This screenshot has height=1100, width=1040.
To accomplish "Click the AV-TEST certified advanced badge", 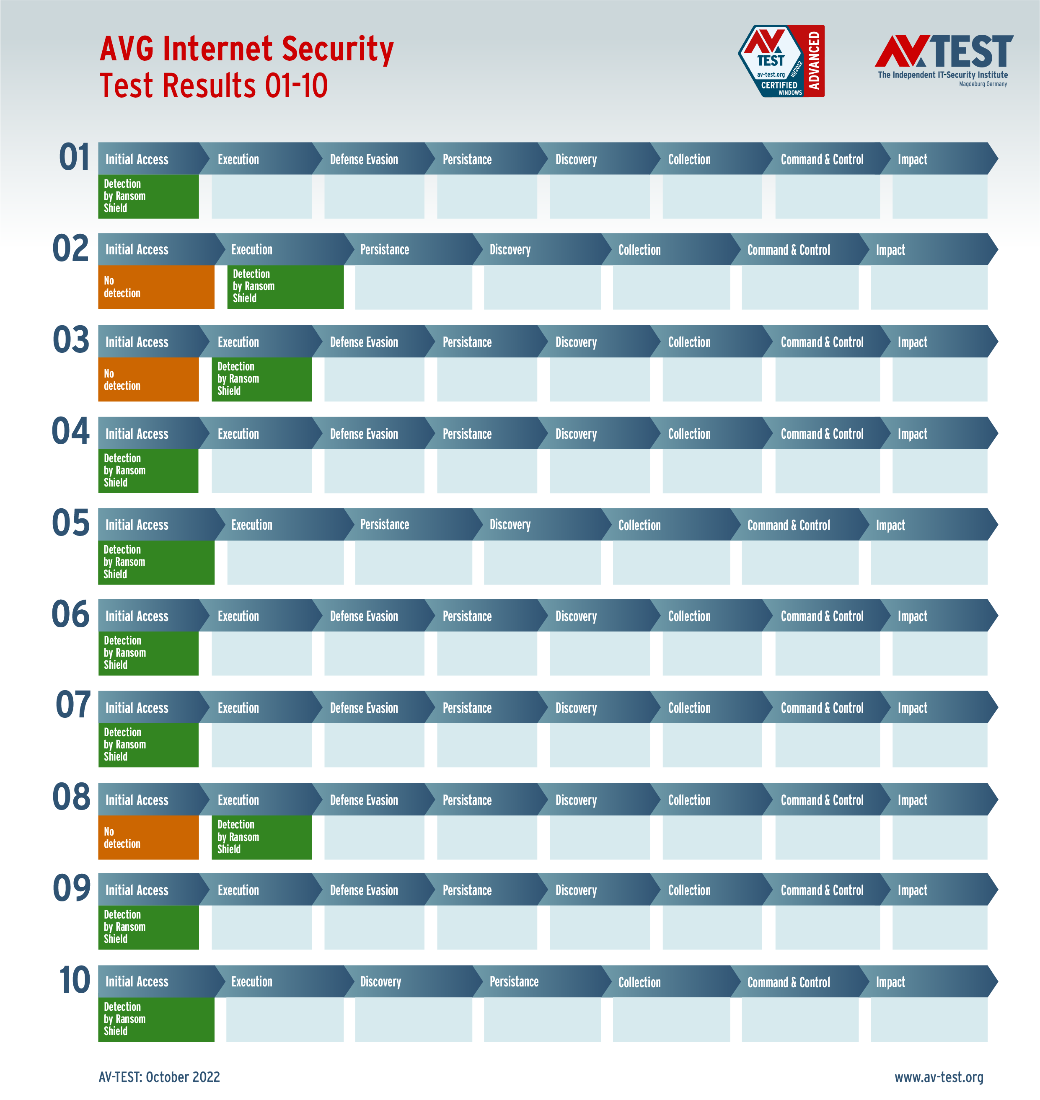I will (x=781, y=61).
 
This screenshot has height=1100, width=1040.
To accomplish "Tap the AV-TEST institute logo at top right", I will (x=944, y=60).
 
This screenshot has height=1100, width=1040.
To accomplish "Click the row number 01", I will (x=74, y=158).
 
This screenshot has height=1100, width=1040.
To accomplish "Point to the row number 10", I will (x=74, y=980).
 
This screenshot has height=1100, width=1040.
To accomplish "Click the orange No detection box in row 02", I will (x=156, y=287).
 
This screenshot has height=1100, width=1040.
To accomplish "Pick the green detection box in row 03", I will (x=261, y=379).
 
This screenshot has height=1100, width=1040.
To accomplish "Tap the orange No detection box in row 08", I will (x=148, y=837).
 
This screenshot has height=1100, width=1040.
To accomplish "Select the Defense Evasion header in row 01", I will (x=364, y=160).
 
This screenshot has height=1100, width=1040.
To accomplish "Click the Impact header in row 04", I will (x=913, y=434).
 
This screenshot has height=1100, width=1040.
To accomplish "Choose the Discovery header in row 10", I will (x=381, y=982).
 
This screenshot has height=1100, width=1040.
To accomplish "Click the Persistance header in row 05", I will (x=385, y=525).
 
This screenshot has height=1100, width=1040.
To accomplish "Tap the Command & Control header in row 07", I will (x=822, y=708).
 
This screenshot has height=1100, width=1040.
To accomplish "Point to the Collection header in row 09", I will (x=689, y=890).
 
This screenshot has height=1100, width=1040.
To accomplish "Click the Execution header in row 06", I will (x=238, y=616).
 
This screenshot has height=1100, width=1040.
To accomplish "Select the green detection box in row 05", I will (x=156, y=562).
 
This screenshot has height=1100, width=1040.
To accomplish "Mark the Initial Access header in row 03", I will (x=137, y=342).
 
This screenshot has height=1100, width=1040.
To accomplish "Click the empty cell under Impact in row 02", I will (x=929, y=287).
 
